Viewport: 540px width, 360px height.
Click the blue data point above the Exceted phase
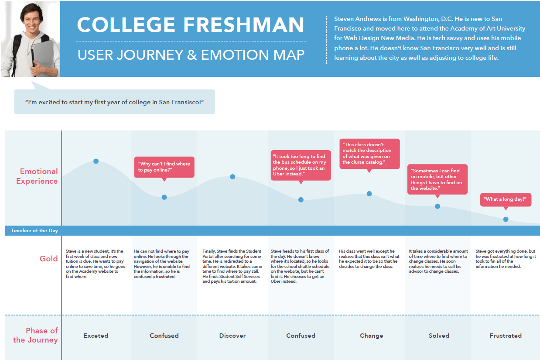96,161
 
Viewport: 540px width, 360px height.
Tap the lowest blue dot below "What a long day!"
506,219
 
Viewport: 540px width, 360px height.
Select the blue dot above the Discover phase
232,177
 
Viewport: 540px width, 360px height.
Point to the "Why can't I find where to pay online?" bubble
164,167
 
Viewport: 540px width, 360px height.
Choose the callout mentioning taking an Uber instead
301,165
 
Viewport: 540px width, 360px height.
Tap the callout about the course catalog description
369,154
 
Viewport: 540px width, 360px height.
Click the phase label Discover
232,336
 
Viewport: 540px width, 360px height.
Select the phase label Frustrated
506,336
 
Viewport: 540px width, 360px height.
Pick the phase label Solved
439,336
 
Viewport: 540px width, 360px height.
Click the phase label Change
371,336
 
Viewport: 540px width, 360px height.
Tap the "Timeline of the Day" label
34,230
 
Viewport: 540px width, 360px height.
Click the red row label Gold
49,259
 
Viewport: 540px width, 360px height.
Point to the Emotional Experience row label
37,176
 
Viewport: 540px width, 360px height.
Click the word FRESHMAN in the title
244,24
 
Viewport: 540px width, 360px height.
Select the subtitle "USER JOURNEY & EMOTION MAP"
191,55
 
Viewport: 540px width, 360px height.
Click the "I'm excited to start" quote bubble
115,102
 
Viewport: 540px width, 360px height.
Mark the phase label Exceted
96,336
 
